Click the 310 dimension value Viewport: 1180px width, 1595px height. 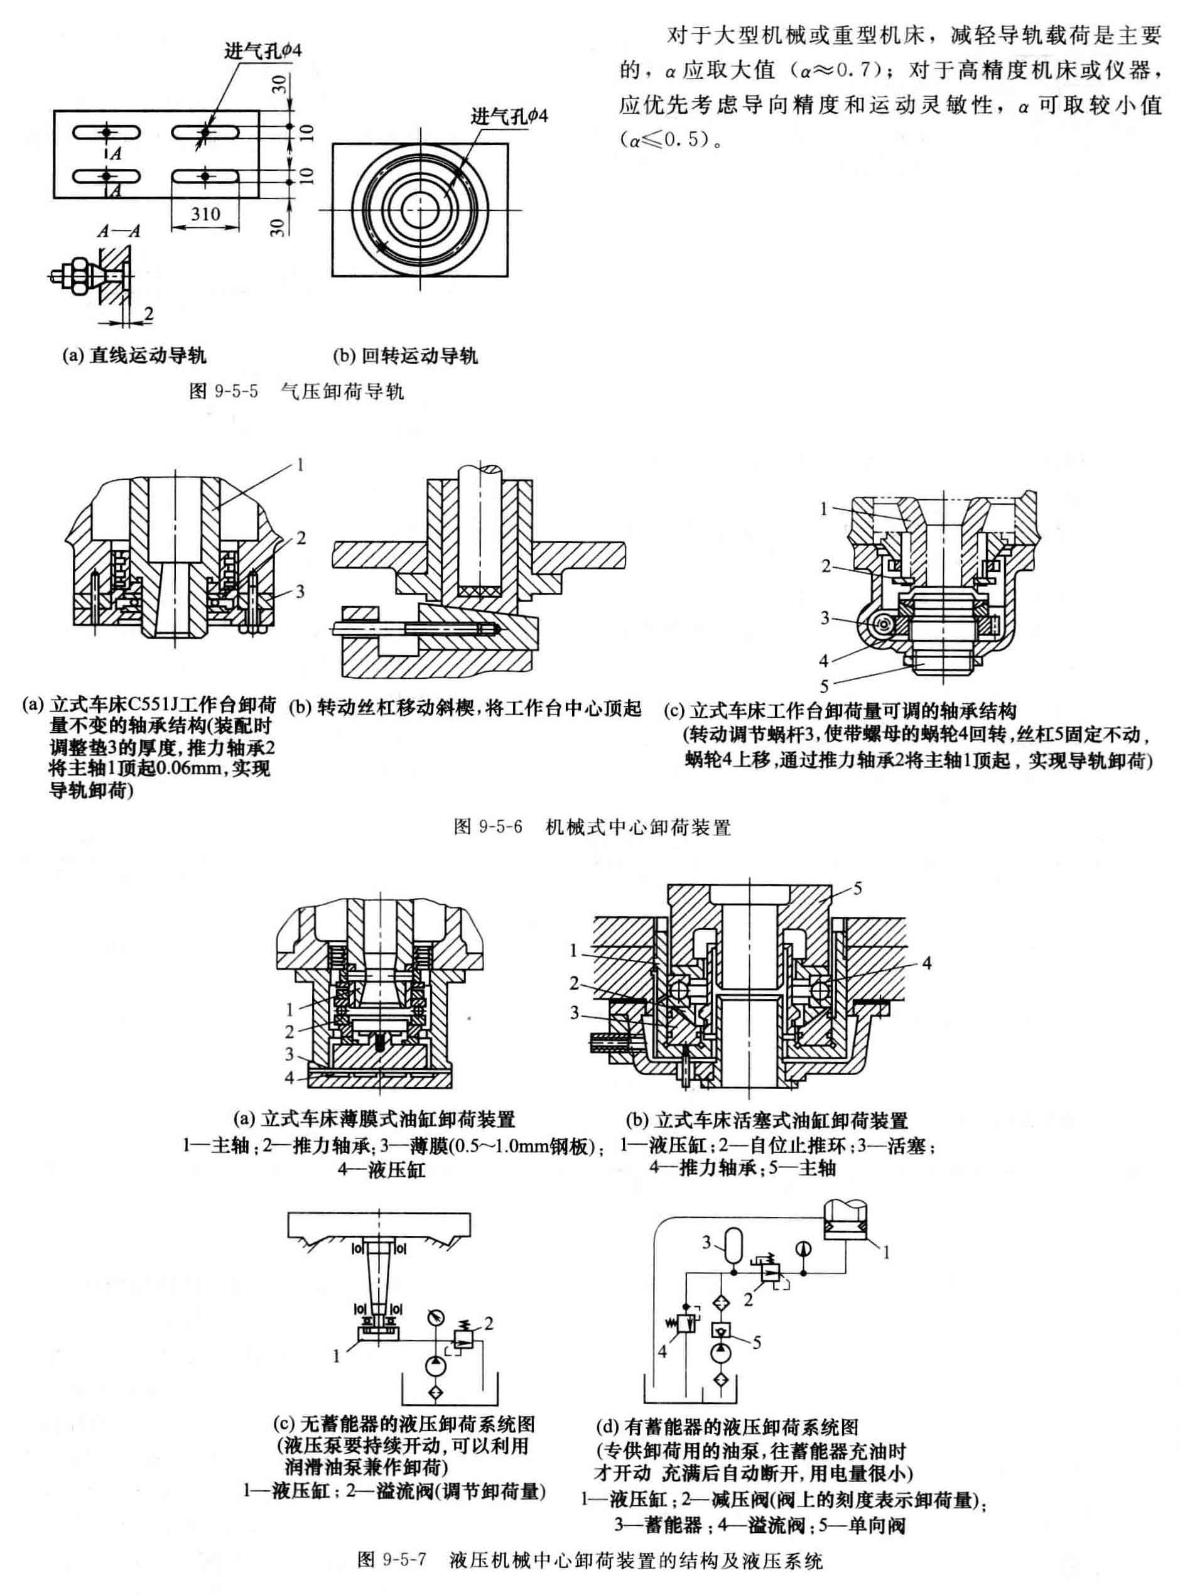tap(206, 214)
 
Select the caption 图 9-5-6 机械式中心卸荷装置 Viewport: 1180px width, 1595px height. tap(592, 828)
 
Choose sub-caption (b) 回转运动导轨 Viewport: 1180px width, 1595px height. tap(405, 355)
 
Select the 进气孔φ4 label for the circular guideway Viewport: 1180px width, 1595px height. tap(509, 116)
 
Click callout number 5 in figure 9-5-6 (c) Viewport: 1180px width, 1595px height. tap(825, 687)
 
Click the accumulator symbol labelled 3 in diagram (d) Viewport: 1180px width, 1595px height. tap(733, 1245)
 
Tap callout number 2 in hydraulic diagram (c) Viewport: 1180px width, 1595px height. tap(489, 1324)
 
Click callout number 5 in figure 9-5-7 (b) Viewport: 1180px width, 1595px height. tap(858, 889)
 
